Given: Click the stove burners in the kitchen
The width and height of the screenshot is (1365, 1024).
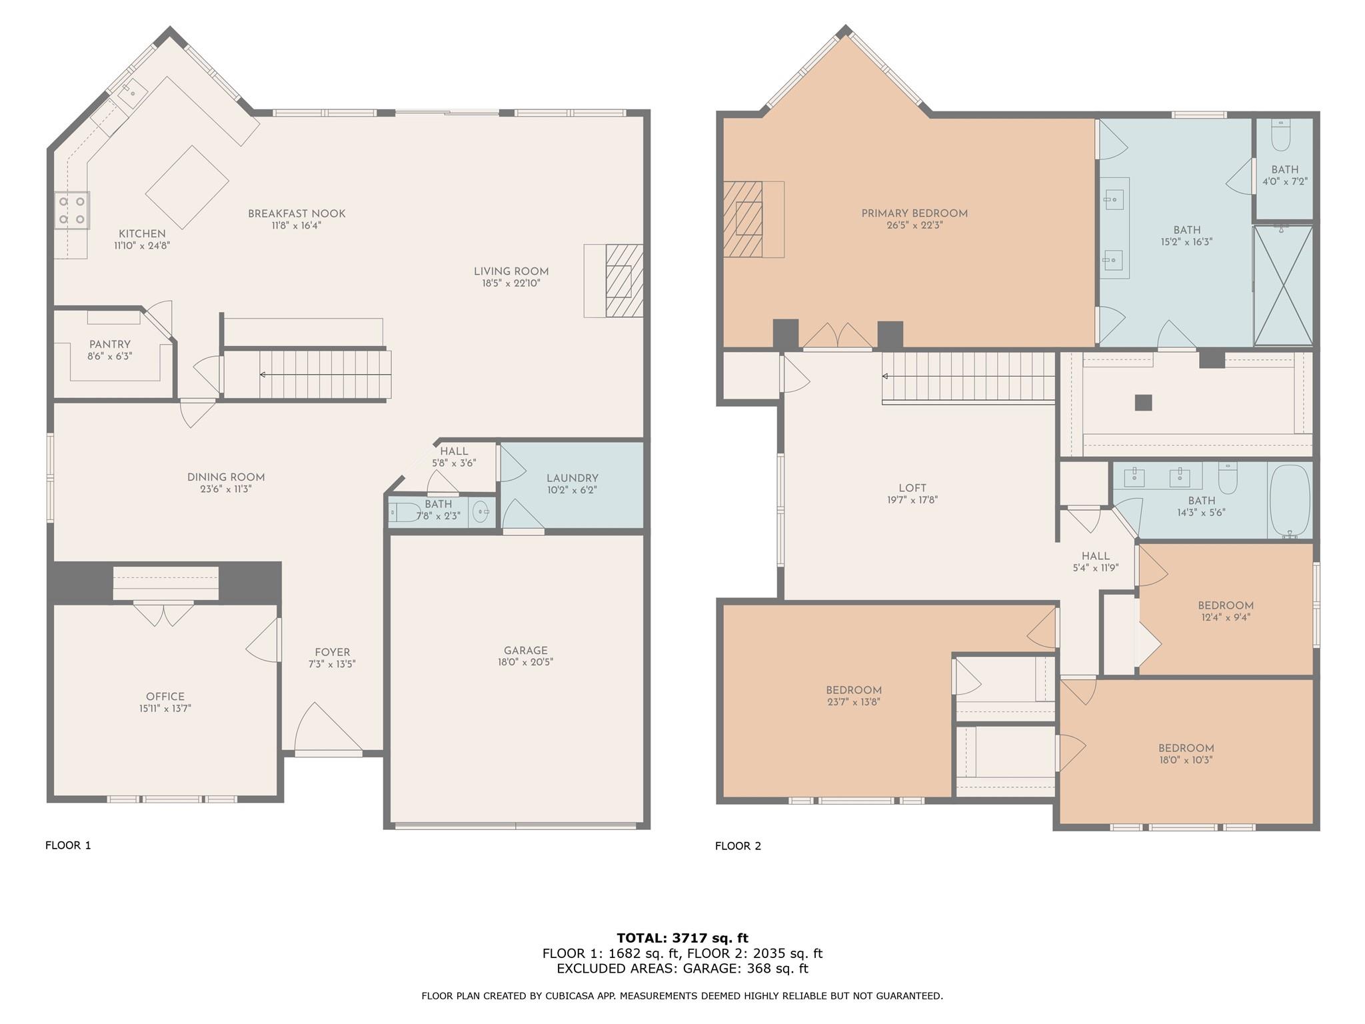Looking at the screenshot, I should coord(72,209).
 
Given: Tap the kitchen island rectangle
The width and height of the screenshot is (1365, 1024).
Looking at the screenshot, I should coord(187,187).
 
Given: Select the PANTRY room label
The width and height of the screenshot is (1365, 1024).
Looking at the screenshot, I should coord(110,345).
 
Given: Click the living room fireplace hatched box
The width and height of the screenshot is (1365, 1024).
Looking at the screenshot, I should coord(625,280).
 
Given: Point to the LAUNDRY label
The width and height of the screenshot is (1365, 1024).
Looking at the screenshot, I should coord(572,478).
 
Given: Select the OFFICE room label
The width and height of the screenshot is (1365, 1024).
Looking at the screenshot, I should coord(165,697).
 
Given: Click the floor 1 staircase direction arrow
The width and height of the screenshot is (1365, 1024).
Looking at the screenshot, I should coord(263,375).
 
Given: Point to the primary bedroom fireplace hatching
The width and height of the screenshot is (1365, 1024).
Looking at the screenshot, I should coord(742,219).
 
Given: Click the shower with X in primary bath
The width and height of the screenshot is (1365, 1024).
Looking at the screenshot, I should coord(1283,285).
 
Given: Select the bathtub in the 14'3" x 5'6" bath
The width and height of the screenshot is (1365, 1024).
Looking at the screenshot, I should coord(1290,500).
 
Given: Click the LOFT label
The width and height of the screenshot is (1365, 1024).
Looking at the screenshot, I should coord(912,488).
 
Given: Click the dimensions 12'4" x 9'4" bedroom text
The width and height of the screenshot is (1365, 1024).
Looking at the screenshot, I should coord(1225,617).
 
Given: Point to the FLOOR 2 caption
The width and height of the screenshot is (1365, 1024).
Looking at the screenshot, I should coord(738,846).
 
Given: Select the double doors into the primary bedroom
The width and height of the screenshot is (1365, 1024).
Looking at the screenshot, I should coord(837,337).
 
